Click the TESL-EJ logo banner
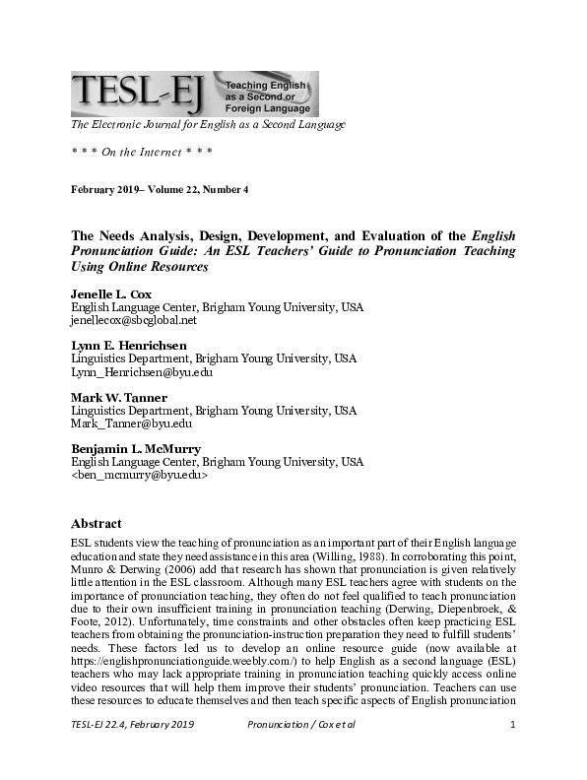tap(194, 95)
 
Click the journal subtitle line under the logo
tap(207, 125)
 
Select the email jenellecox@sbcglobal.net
tap(134, 320)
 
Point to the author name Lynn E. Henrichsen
tap(129, 346)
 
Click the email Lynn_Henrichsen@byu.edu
tap(141, 372)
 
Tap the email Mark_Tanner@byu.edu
tap(131, 423)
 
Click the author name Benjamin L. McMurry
tap(136, 449)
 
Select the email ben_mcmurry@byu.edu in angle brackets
tap(139, 475)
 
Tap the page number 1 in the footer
tap(513, 752)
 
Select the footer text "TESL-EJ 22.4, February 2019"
tap(132, 752)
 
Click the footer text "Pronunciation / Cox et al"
tap(300, 752)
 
